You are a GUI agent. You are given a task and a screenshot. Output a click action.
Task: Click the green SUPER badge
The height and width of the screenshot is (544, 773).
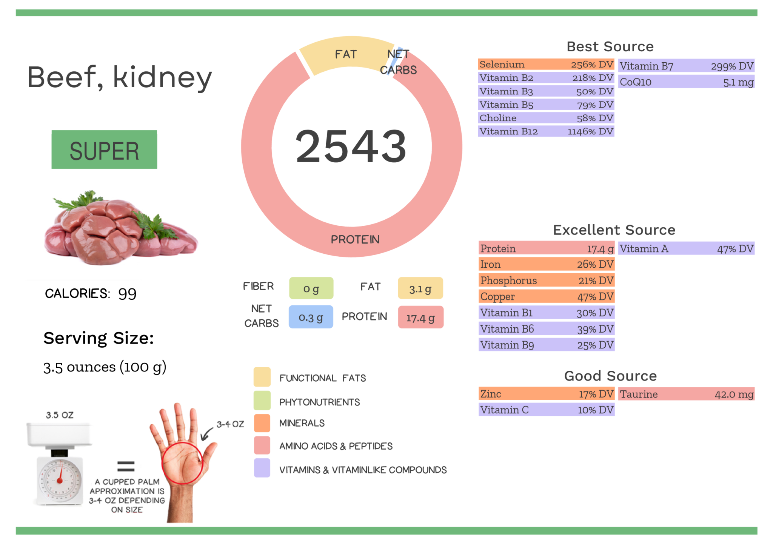tap(104, 149)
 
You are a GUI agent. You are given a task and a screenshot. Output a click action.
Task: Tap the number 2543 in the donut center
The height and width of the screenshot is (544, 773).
tap(351, 146)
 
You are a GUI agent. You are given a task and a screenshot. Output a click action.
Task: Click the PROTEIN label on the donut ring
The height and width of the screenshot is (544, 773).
tap(355, 239)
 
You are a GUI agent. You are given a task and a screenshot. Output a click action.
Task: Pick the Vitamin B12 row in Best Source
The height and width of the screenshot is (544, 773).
tap(546, 131)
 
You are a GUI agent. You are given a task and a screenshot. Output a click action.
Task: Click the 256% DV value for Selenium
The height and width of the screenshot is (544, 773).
tap(591, 65)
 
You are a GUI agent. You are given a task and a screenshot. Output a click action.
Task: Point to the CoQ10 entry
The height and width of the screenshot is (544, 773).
tap(686, 82)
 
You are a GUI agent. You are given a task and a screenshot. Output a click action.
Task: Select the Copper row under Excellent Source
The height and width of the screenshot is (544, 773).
tap(546, 297)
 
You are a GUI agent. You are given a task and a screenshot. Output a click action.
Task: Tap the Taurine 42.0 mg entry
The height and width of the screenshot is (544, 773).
tap(686, 394)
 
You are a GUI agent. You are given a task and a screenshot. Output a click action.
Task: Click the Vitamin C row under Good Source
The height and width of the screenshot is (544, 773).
tap(546, 410)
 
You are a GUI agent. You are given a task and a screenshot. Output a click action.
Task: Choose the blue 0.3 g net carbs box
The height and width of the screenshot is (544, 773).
tap(311, 317)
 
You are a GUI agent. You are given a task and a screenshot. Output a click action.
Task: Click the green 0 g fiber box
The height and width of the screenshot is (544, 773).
tap(311, 288)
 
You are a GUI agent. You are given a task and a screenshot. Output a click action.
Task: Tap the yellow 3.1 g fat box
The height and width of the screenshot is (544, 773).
tap(420, 288)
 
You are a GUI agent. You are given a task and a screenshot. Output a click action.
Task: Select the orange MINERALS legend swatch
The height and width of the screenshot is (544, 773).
tap(262, 423)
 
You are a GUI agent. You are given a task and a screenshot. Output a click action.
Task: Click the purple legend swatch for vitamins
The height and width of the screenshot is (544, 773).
tap(262, 468)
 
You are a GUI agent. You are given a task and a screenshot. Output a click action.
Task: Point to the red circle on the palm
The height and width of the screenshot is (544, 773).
tap(182, 463)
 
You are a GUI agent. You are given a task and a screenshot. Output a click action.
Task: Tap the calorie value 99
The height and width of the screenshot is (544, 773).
tap(127, 294)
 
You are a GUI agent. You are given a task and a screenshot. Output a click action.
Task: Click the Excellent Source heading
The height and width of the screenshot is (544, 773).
tap(614, 230)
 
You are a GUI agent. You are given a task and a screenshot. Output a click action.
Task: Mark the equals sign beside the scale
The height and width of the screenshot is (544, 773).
tap(126, 466)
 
